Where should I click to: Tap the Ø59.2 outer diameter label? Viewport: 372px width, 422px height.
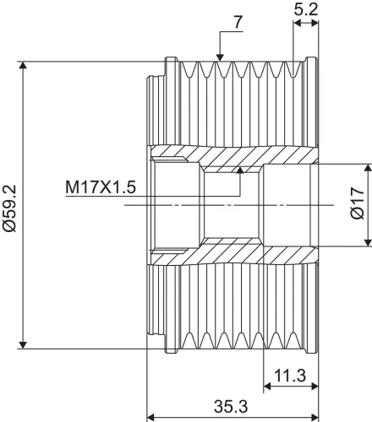pyautogui.click(x=10, y=203)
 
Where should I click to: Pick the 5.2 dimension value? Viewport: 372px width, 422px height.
pyautogui.click(x=307, y=10)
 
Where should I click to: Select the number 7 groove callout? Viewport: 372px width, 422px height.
pyautogui.click(x=239, y=20)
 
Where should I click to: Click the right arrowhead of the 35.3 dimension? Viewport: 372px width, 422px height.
pyautogui.click(x=316, y=416)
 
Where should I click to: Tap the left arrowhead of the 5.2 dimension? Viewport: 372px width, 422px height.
pyautogui.click(x=296, y=24)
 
